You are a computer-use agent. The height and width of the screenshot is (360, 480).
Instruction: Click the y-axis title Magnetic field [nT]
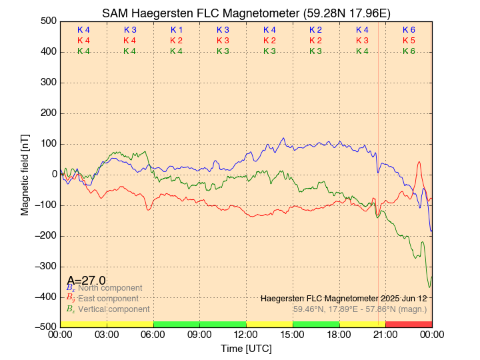point(25,173)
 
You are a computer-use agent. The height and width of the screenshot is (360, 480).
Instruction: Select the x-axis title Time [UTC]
point(246,349)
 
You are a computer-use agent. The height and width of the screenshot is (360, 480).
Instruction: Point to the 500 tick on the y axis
point(47,21)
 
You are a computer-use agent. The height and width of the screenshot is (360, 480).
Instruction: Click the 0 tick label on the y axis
point(54,174)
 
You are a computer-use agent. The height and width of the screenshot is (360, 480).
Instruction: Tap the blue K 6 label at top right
point(409,30)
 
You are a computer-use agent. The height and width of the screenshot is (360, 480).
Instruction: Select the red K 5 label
point(409,41)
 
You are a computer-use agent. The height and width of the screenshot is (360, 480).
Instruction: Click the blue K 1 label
point(177,30)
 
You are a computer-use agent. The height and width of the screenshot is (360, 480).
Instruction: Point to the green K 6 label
point(409,51)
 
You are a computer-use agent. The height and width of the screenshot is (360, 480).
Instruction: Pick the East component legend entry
point(108,299)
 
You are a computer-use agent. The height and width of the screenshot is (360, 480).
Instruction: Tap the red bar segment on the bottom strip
point(409,324)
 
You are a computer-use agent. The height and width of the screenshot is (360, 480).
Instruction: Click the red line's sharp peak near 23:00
point(419,162)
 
